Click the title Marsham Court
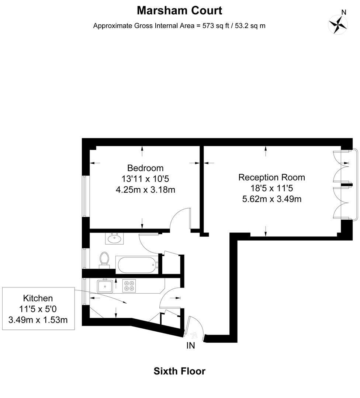click(180, 11)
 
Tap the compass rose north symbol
click(338, 24)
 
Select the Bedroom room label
click(145, 168)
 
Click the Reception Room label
click(271, 177)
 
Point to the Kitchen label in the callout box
click(38, 298)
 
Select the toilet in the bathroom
click(104, 258)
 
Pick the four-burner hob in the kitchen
click(129, 286)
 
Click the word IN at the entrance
click(191, 346)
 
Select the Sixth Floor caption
click(179, 371)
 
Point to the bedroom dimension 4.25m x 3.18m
click(145, 190)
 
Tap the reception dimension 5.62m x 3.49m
click(271, 199)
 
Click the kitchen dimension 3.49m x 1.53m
click(38, 320)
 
